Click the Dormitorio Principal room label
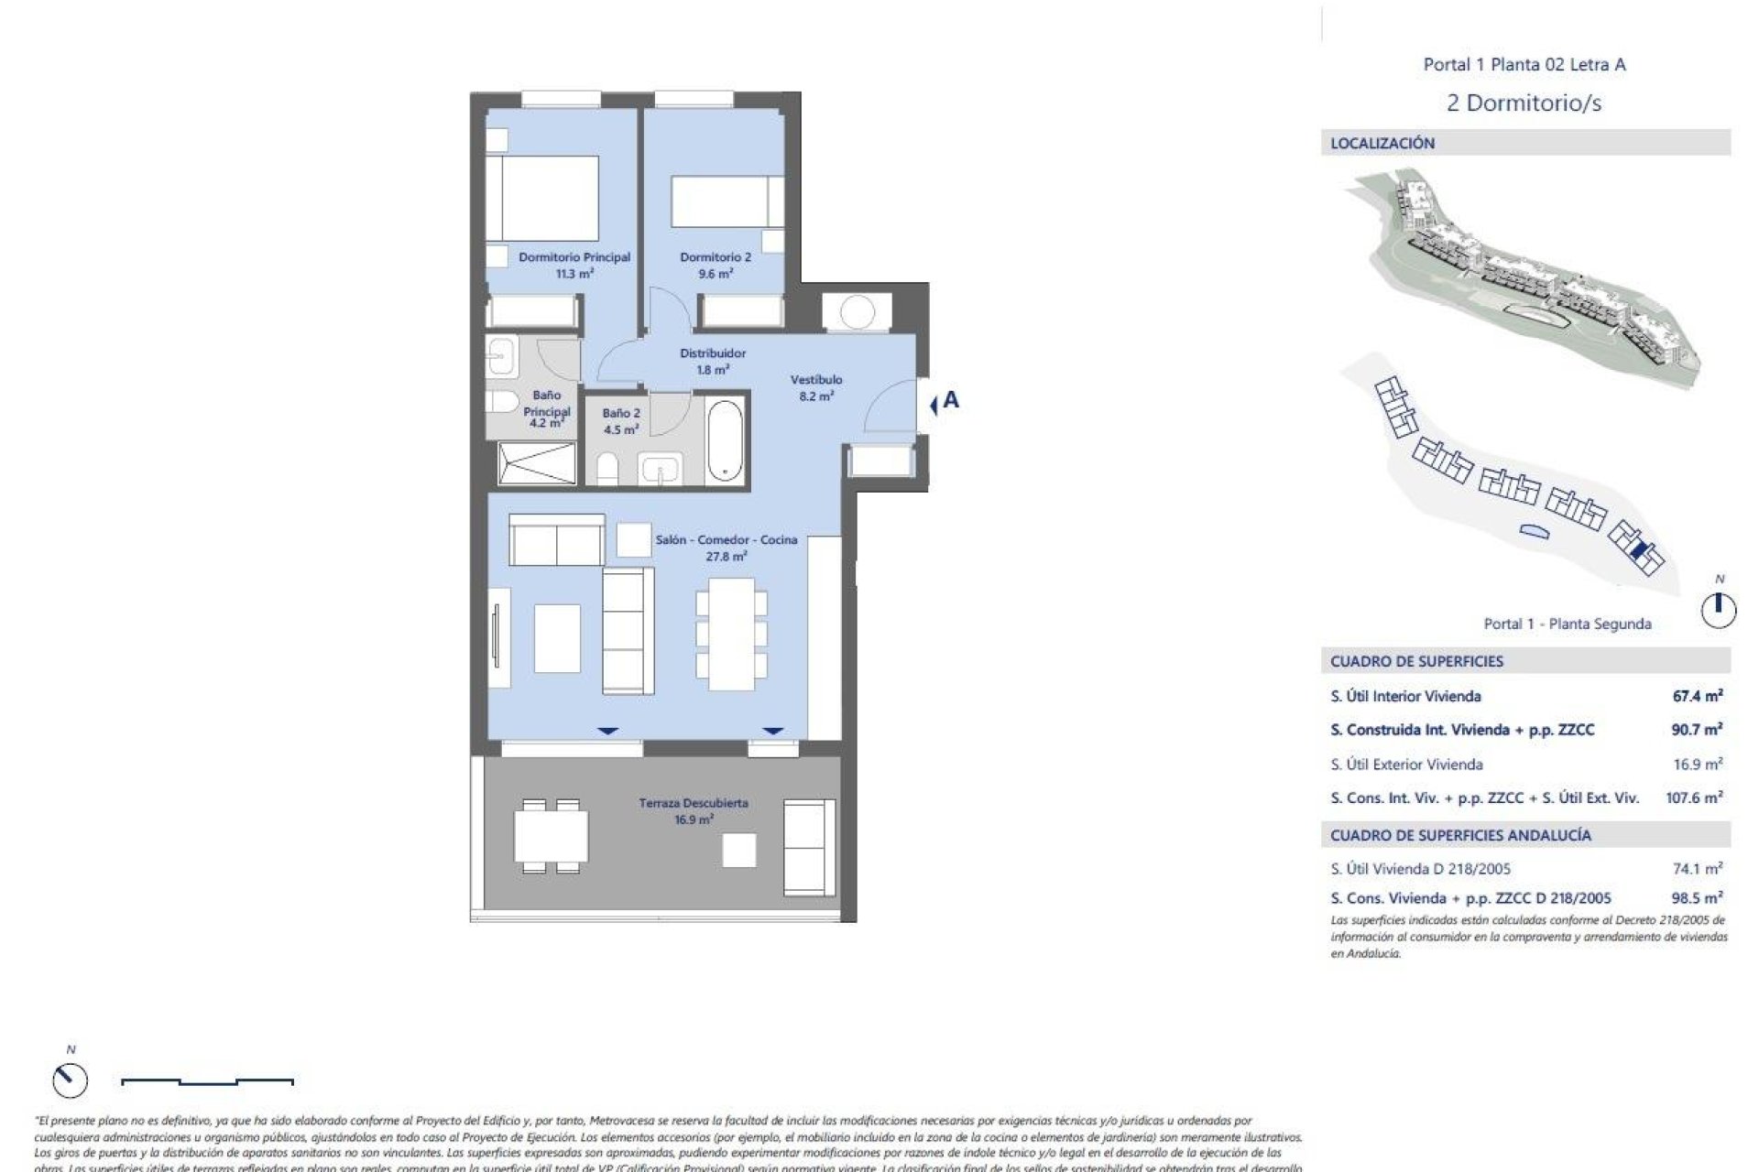[574, 266]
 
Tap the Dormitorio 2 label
[715, 266]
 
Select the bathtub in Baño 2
[725, 439]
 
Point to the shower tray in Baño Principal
[536, 462]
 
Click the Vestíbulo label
[816, 387]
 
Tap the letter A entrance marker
[950, 400]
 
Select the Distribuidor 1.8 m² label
[713, 362]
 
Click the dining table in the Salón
[731, 634]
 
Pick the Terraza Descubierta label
[694, 811]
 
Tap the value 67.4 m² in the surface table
[1697, 696]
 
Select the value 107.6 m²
[1693, 798]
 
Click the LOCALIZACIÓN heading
[1382, 143]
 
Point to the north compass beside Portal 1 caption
[1719, 609]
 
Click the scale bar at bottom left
[207, 1082]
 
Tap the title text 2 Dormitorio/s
[1524, 103]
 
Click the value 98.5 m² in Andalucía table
[1697, 898]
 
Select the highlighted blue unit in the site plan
[1645, 550]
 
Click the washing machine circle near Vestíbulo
[857, 312]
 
